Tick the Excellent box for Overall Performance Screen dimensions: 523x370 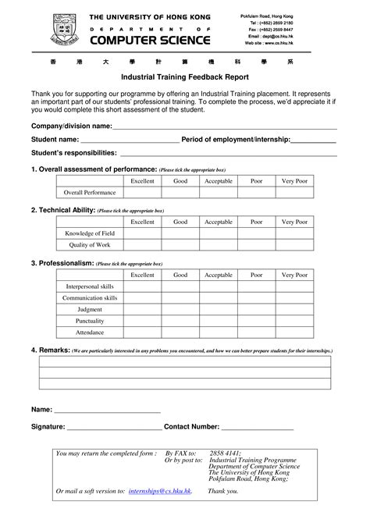tap(142, 192)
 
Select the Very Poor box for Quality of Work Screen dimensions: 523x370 tap(294, 245)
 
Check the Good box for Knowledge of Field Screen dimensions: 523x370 tap(180, 233)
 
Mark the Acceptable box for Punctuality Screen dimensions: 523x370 tap(219, 321)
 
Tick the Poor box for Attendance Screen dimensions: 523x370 tap(256, 333)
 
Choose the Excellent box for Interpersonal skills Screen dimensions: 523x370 tap(142, 286)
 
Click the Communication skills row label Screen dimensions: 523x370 tap(90, 298)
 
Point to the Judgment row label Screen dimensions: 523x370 tap(90, 309)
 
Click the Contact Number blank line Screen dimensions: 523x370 tap(258, 429)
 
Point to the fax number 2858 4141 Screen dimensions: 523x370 tap(226, 453)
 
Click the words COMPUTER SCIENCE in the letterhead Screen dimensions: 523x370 tap(150, 40)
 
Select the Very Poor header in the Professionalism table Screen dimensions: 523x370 tap(294, 275)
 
